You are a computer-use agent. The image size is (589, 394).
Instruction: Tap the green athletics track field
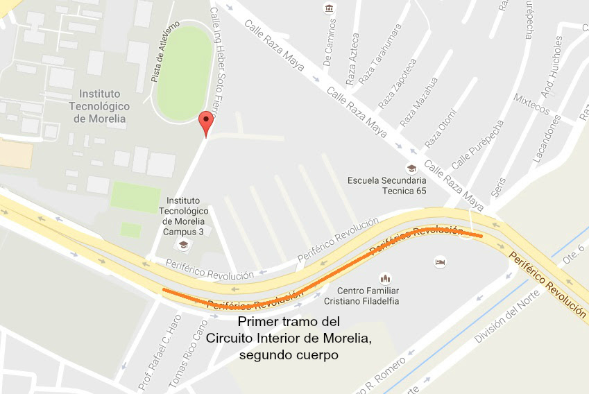[x=184, y=72]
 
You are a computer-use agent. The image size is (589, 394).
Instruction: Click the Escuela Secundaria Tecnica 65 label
[x=387, y=186]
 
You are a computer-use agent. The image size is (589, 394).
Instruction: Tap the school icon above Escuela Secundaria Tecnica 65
[x=411, y=168]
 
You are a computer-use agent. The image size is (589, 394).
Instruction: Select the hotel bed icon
[x=439, y=262]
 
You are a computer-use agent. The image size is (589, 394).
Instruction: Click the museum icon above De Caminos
[x=329, y=8]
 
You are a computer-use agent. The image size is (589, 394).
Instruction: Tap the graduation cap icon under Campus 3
[x=183, y=244]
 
